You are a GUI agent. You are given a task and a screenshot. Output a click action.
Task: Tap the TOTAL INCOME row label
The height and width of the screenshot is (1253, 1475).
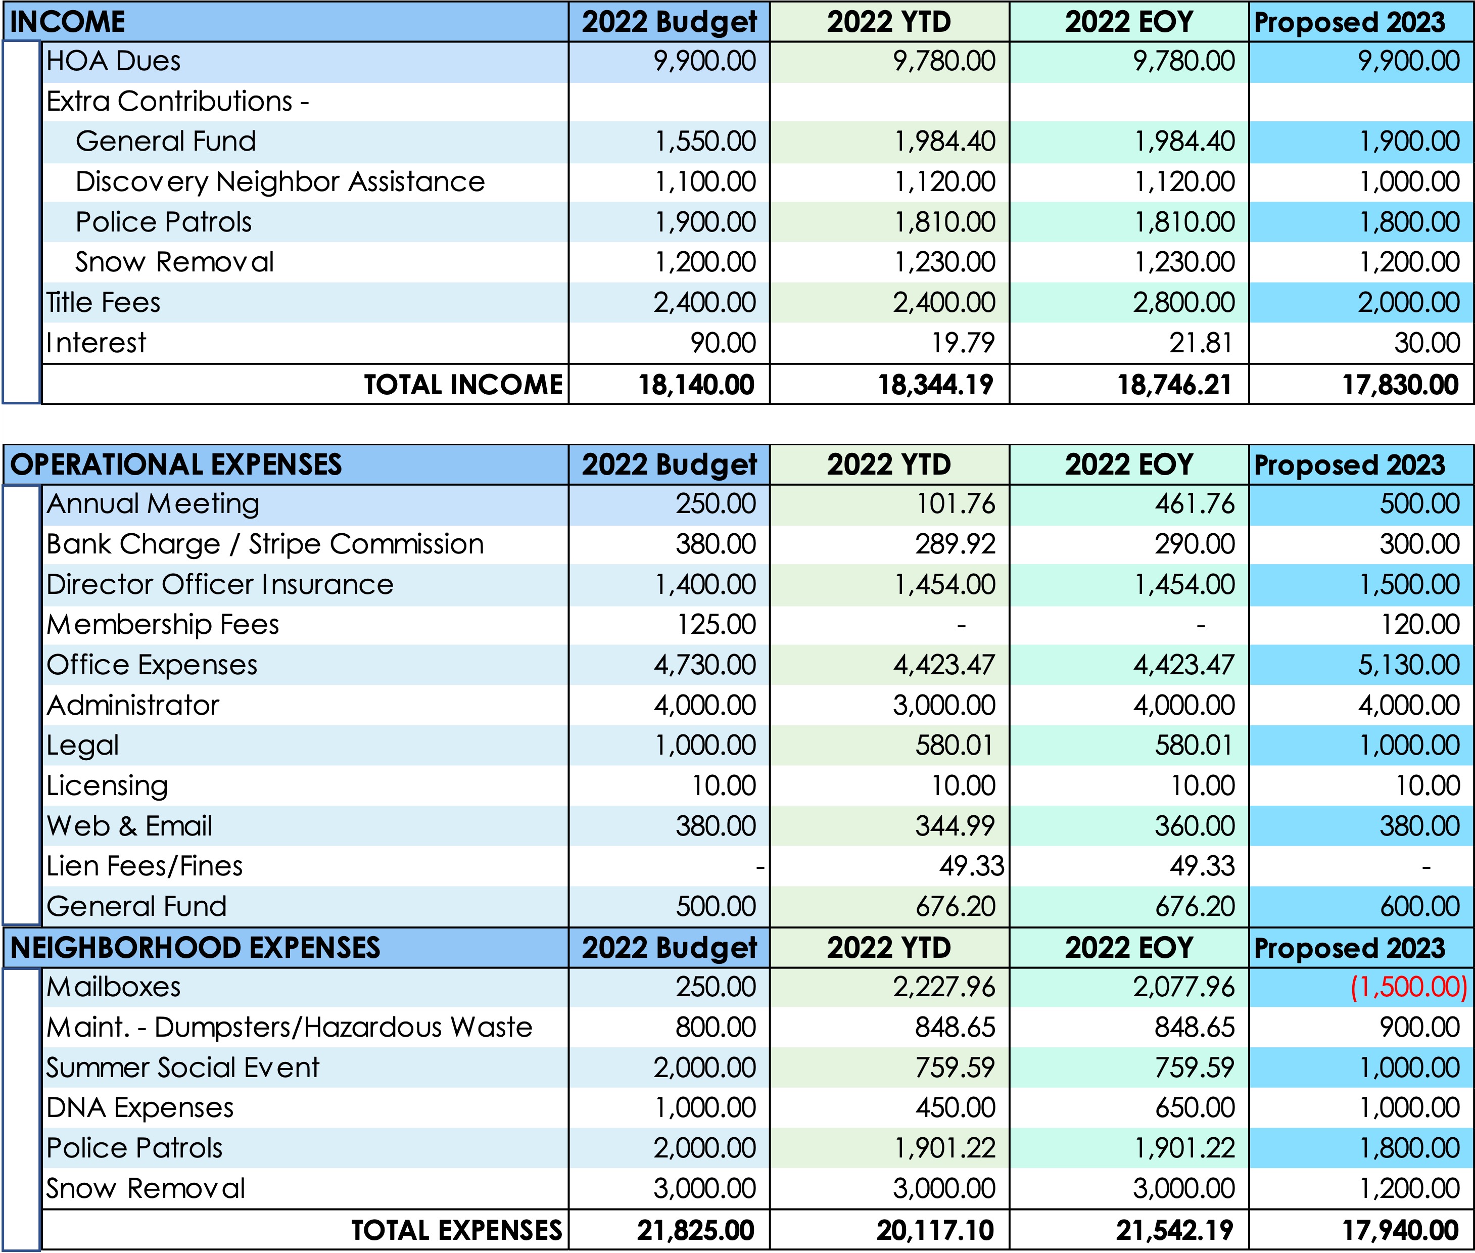pyautogui.click(x=463, y=385)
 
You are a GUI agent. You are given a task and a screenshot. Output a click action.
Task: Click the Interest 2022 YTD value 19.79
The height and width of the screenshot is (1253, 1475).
pyautogui.click(x=963, y=343)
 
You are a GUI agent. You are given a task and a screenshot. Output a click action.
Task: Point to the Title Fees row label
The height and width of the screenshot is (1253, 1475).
pyautogui.click(x=103, y=303)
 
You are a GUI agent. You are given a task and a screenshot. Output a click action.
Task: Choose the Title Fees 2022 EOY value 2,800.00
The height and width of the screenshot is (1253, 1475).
pyautogui.click(x=1184, y=303)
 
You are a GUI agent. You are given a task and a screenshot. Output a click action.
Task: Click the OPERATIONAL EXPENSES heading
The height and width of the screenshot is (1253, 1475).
pyautogui.click(x=176, y=465)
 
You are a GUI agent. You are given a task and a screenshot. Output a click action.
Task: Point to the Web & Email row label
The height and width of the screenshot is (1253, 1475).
pyautogui.click(x=129, y=826)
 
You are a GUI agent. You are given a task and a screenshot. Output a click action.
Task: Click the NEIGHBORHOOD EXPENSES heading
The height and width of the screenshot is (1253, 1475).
pyautogui.click(x=195, y=948)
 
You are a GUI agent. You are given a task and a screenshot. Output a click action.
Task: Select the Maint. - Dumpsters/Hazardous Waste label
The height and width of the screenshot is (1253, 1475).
pyautogui.click(x=289, y=1028)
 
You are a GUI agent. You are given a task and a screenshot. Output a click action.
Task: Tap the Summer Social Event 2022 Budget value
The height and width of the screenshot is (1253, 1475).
pyautogui.click(x=704, y=1068)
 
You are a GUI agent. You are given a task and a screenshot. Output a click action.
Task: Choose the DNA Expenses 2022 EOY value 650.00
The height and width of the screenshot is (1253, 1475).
pyautogui.click(x=1195, y=1108)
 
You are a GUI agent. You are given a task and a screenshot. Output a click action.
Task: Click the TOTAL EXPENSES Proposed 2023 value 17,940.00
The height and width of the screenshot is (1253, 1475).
pyautogui.click(x=1400, y=1231)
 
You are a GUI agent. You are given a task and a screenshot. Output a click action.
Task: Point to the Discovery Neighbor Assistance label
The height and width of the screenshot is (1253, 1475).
pyautogui.click(x=280, y=182)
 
